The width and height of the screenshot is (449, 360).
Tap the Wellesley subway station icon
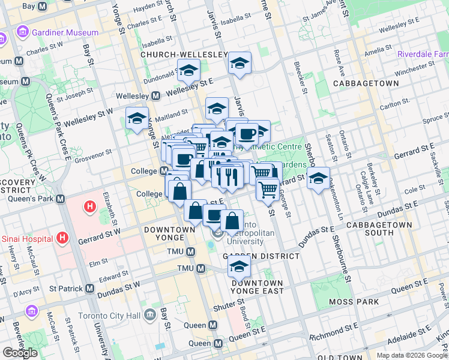tap(155, 96)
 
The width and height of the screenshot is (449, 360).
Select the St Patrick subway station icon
tap(90, 289)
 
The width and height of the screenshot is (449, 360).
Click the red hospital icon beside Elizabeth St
tap(89, 208)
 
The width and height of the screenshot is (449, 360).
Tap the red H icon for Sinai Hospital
tap(62, 239)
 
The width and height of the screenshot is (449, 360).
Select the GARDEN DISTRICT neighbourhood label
tap(261, 256)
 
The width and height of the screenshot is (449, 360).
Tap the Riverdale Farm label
tap(423, 55)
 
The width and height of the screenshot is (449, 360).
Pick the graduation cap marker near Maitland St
tap(137, 118)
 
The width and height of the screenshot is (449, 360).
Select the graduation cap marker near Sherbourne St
tap(318, 178)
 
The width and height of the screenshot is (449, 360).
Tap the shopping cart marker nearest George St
tap(268, 189)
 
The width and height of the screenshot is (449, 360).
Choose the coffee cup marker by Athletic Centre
tap(246, 134)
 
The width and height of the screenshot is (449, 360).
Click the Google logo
tap(20, 353)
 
